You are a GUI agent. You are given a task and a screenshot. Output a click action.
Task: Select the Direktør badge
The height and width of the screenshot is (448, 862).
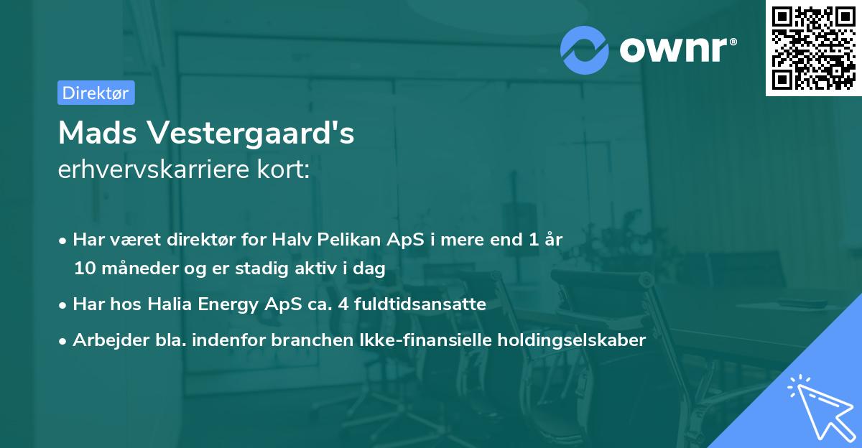click(x=96, y=93)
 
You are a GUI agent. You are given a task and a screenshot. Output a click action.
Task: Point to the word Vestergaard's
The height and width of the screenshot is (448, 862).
click(x=251, y=132)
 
